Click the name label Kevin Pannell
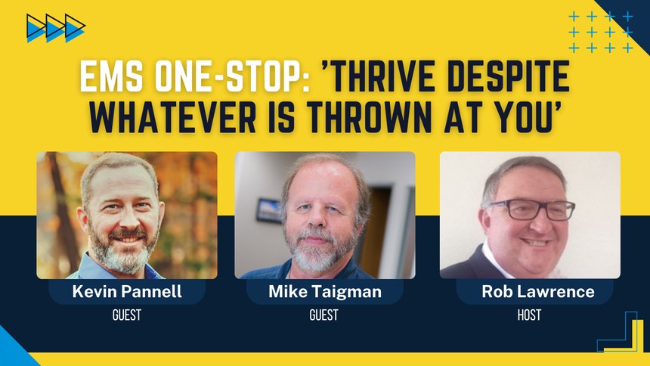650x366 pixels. click(x=127, y=291)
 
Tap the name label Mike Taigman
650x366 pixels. click(x=325, y=292)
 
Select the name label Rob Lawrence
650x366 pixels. click(x=538, y=291)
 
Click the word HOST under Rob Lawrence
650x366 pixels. click(x=529, y=315)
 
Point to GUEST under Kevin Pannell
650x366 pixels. click(x=127, y=315)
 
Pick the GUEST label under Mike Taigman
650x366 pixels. click(x=323, y=315)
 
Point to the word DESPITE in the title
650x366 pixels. click(x=509, y=76)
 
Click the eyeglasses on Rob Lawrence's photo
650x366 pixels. click(x=532, y=209)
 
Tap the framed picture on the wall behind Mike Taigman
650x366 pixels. click(x=269, y=211)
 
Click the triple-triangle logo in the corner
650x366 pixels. click(x=55, y=28)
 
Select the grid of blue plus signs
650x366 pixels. click(x=601, y=33)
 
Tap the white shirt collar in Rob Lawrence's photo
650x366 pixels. click(x=495, y=259)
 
